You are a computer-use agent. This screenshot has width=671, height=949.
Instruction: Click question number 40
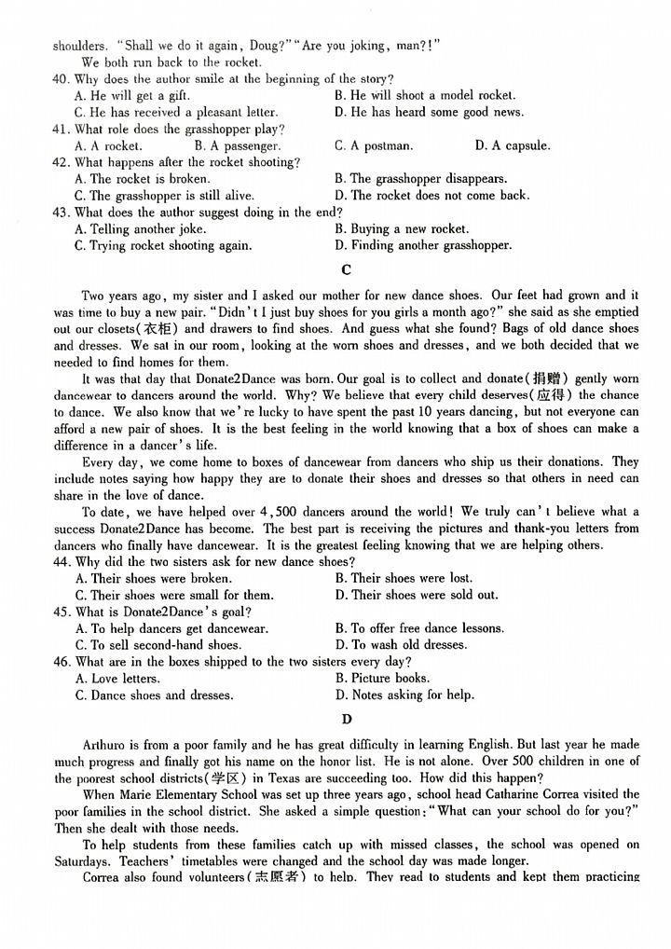[61, 79]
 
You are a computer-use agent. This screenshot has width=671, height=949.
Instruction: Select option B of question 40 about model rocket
[424, 95]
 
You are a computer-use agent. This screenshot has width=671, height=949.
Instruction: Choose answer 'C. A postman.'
[373, 145]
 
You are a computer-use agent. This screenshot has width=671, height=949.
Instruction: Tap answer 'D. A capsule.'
[512, 145]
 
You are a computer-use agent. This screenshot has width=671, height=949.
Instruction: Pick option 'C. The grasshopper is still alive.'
[164, 196]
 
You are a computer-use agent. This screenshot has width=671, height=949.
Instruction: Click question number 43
[61, 213]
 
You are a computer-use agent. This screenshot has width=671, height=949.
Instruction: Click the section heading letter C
[347, 270]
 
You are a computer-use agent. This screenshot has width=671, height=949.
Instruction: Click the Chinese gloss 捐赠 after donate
[547, 378]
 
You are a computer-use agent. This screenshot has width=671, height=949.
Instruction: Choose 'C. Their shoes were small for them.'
[174, 595]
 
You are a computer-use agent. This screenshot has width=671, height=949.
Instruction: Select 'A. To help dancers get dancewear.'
[171, 628]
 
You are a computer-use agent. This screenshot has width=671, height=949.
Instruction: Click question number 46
[61, 662]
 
